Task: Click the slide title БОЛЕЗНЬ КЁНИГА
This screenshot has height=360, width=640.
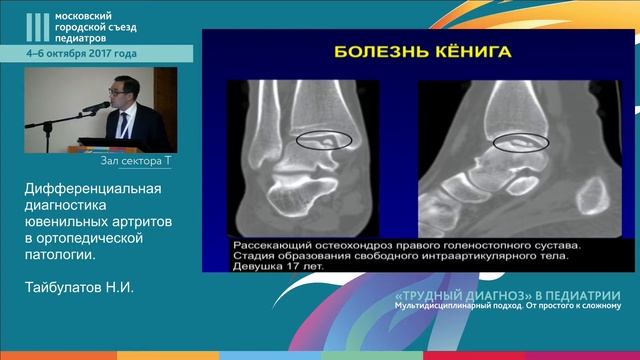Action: click(x=410, y=54)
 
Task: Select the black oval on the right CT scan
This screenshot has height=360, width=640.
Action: click(x=521, y=141)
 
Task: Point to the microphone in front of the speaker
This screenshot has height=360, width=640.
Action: click(x=96, y=107)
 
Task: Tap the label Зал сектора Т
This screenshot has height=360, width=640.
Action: click(x=137, y=160)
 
